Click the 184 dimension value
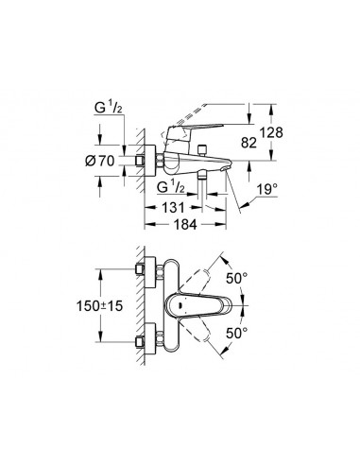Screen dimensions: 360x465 click(x=185, y=225)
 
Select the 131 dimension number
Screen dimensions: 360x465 click(x=173, y=208)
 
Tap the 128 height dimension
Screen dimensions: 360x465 click(x=271, y=132)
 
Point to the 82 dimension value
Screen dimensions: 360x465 click(x=249, y=143)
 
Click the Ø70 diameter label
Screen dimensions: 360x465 click(x=99, y=161)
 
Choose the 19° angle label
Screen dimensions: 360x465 click(x=267, y=190)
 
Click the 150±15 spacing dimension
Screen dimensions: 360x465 click(x=99, y=305)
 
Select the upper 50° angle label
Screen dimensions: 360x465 click(x=237, y=279)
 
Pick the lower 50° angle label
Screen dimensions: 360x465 click(x=237, y=334)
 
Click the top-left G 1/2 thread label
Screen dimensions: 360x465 click(x=109, y=108)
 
